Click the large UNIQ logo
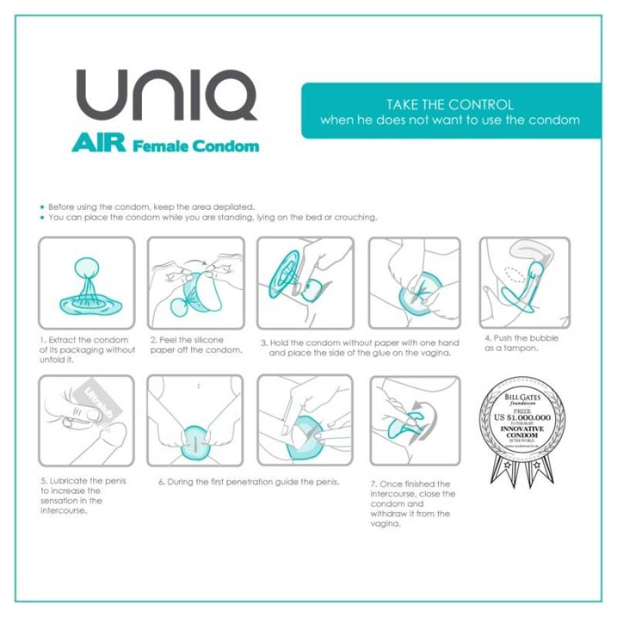click(167, 95)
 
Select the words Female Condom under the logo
click(196, 145)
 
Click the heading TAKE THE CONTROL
click(450, 105)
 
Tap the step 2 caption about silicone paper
click(196, 345)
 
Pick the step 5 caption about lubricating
click(84, 495)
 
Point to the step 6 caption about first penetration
click(249, 482)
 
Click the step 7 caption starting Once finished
click(413, 504)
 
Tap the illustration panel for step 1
click(86, 282)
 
